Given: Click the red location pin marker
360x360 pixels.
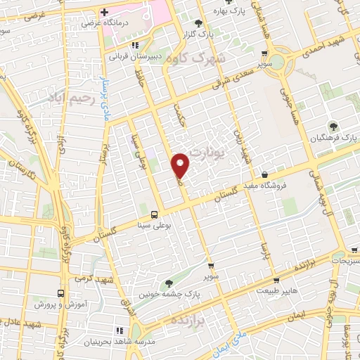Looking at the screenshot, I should coord(181,166).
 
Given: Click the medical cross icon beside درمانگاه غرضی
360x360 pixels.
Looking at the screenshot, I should coord(105,13).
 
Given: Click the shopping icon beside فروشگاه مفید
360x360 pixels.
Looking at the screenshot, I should coord(264,174).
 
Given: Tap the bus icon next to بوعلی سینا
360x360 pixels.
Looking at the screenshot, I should coord(155,214).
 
